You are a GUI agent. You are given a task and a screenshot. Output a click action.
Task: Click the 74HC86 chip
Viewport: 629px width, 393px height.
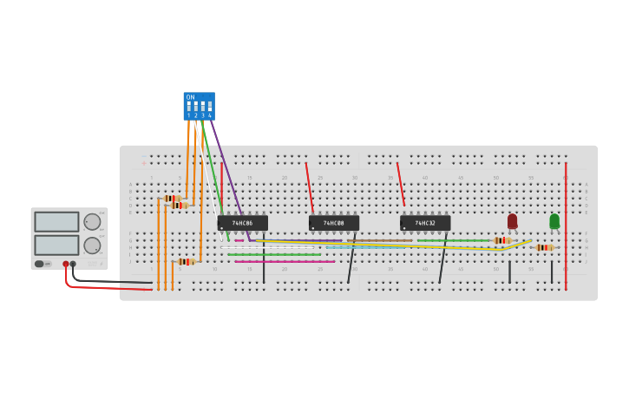(242, 223)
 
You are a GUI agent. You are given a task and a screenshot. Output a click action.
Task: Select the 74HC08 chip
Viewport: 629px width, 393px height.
(333, 223)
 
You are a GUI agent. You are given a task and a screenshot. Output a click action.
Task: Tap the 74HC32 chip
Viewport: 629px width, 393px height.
(425, 223)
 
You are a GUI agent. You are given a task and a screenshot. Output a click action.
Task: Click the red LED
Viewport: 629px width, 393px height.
(512, 221)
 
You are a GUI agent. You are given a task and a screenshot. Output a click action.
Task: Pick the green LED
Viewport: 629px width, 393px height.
(554, 221)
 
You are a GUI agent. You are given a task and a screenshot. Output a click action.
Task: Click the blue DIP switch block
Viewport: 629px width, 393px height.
(199, 106)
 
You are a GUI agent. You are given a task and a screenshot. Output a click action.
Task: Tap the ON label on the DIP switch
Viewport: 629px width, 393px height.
(190, 97)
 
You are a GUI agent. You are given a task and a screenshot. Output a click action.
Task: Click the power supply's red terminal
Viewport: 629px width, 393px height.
(66, 264)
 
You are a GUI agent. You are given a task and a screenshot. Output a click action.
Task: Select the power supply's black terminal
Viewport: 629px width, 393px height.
(73, 264)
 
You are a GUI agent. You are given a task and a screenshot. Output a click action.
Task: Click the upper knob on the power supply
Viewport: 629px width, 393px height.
(92, 221)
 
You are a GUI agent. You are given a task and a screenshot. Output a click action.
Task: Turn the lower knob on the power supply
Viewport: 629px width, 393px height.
(92, 246)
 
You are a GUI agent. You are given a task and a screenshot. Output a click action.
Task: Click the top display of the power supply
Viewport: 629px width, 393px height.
(56, 221)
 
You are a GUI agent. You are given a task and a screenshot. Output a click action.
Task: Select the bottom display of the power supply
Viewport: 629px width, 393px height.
(56, 245)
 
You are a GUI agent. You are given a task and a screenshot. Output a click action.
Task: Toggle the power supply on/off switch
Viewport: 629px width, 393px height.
(39, 264)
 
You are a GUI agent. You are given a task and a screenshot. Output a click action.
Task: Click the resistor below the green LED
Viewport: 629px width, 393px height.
(544, 247)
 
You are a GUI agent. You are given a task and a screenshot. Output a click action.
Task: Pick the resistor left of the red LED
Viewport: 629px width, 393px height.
(501, 240)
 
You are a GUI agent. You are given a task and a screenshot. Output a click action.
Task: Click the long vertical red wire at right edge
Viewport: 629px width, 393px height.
(566, 226)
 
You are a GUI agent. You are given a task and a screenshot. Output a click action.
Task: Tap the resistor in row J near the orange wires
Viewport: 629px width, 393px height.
(186, 261)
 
